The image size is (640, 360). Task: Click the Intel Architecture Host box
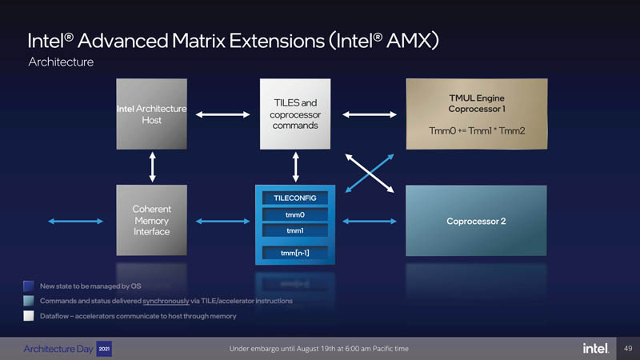pyautogui.click(x=152, y=114)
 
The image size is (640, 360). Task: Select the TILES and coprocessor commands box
pyautogui.click(x=295, y=114)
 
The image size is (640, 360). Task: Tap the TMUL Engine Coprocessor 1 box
pyautogui.click(x=477, y=114)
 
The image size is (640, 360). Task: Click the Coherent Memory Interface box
pyautogui.click(x=152, y=220)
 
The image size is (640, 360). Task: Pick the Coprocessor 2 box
pyautogui.click(x=477, y=221)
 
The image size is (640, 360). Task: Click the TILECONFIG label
pyautogui.click(x=295, y=197)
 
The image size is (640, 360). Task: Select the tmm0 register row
pyautogui.click(x=295, y=214)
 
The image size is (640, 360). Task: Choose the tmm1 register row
pyautogui.click(x=295, y=232)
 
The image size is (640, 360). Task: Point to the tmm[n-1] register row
pyautogui.click(x=295, y=254)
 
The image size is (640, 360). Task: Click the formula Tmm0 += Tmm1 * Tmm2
pyautogui.click(x=477, y=130)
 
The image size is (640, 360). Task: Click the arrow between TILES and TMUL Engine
pyautogui.click(x=369, y=114)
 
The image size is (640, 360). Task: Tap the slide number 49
pyautogui.click(x=627, y=348)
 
